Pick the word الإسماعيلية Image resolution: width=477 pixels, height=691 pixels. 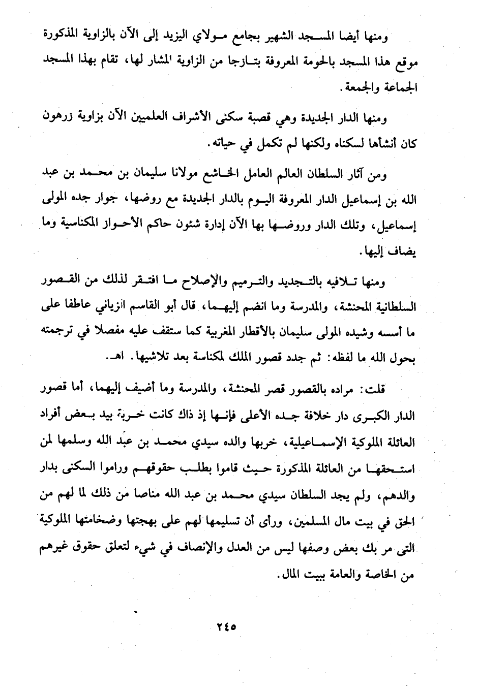pos(309,442)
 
